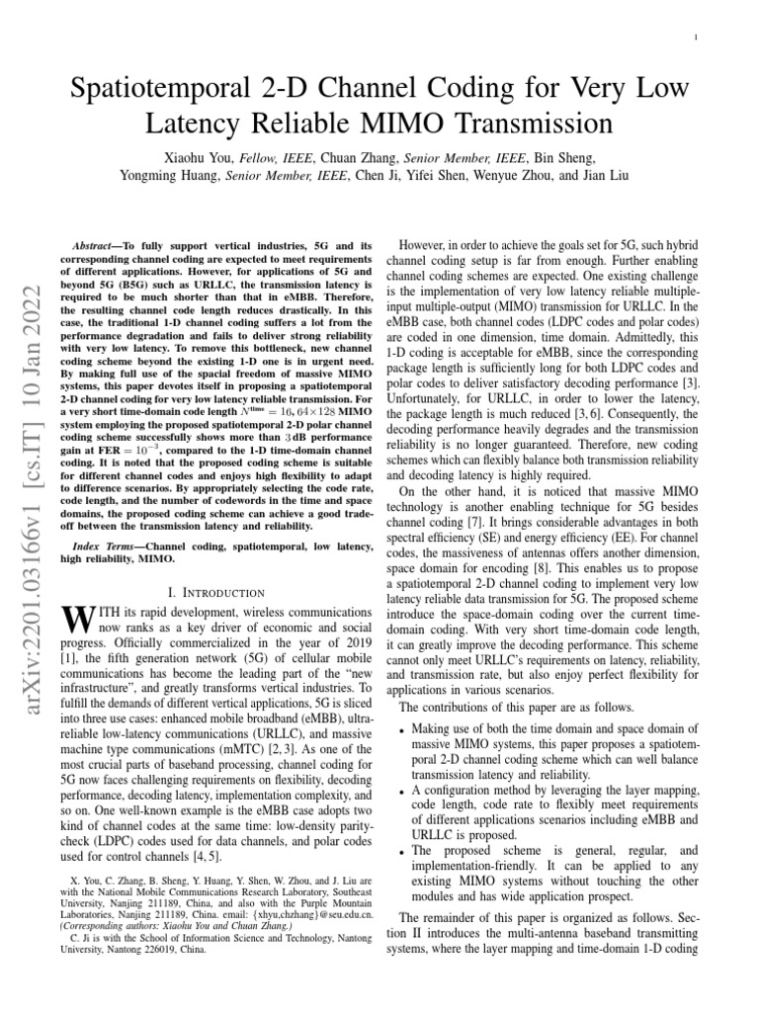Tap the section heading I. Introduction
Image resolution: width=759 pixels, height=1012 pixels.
[x=216, y=592]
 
